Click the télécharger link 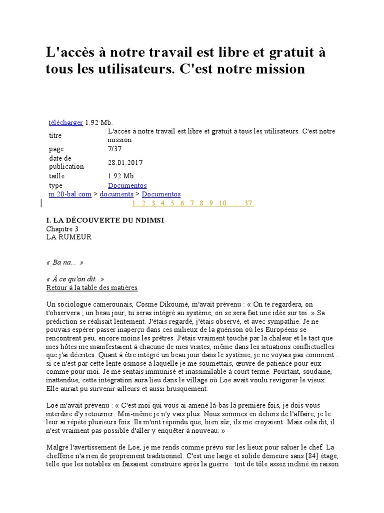[65, 123]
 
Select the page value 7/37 [115, 149]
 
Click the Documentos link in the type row [127, 185]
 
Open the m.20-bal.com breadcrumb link [69, 194]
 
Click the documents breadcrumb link [116, 194]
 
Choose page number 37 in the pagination [248, 203]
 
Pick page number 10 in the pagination [222, 203]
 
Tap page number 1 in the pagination [134, 203]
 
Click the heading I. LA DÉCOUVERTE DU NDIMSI [104, 220]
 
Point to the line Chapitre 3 [62, 229]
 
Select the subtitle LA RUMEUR [69, 237]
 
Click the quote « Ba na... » [64, 263]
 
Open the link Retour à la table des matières [91, 288]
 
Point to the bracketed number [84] [300, 455]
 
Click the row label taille [56, 176]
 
